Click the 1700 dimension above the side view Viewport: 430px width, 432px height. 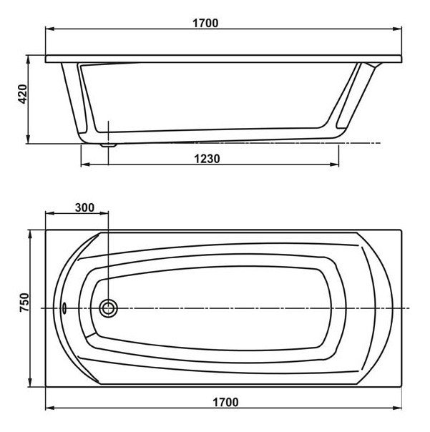click(205, 23)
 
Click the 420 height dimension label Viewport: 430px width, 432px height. click(23, 94)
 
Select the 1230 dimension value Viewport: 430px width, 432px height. click(207, 159)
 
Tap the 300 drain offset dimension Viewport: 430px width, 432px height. click(84, 207)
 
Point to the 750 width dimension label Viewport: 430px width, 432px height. click(24, 303)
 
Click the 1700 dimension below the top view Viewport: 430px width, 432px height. click(225, 402)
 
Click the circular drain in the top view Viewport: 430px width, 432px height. click(108, 308)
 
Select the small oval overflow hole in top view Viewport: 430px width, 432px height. click(64, 308)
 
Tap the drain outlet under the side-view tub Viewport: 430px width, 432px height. click(109, 144)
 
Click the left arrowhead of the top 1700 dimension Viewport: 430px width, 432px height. click(49, 29)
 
